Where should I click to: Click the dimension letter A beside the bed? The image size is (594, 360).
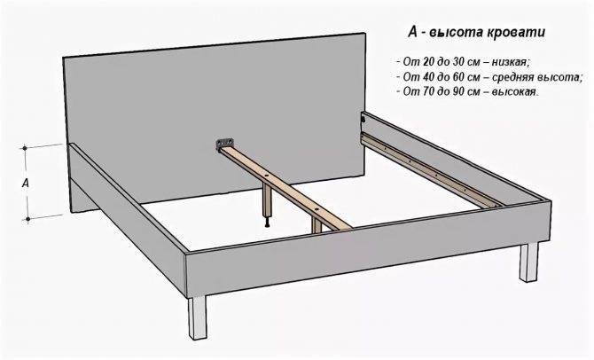[26, 184]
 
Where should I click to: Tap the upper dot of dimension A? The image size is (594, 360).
[25, 148]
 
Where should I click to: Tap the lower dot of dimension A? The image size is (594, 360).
[28, 219]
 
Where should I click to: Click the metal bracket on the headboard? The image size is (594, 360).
[225, 144]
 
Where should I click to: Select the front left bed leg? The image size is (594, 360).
[198, 317]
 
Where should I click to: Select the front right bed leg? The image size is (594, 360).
[529, 262]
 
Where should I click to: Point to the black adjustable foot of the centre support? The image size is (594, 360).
[268, 222]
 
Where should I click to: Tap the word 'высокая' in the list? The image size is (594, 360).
[515, 92]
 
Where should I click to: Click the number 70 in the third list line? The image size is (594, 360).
[426, 92]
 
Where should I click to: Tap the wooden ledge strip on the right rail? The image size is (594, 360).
[432, 171]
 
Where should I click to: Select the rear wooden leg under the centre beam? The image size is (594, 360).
[268, 201]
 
